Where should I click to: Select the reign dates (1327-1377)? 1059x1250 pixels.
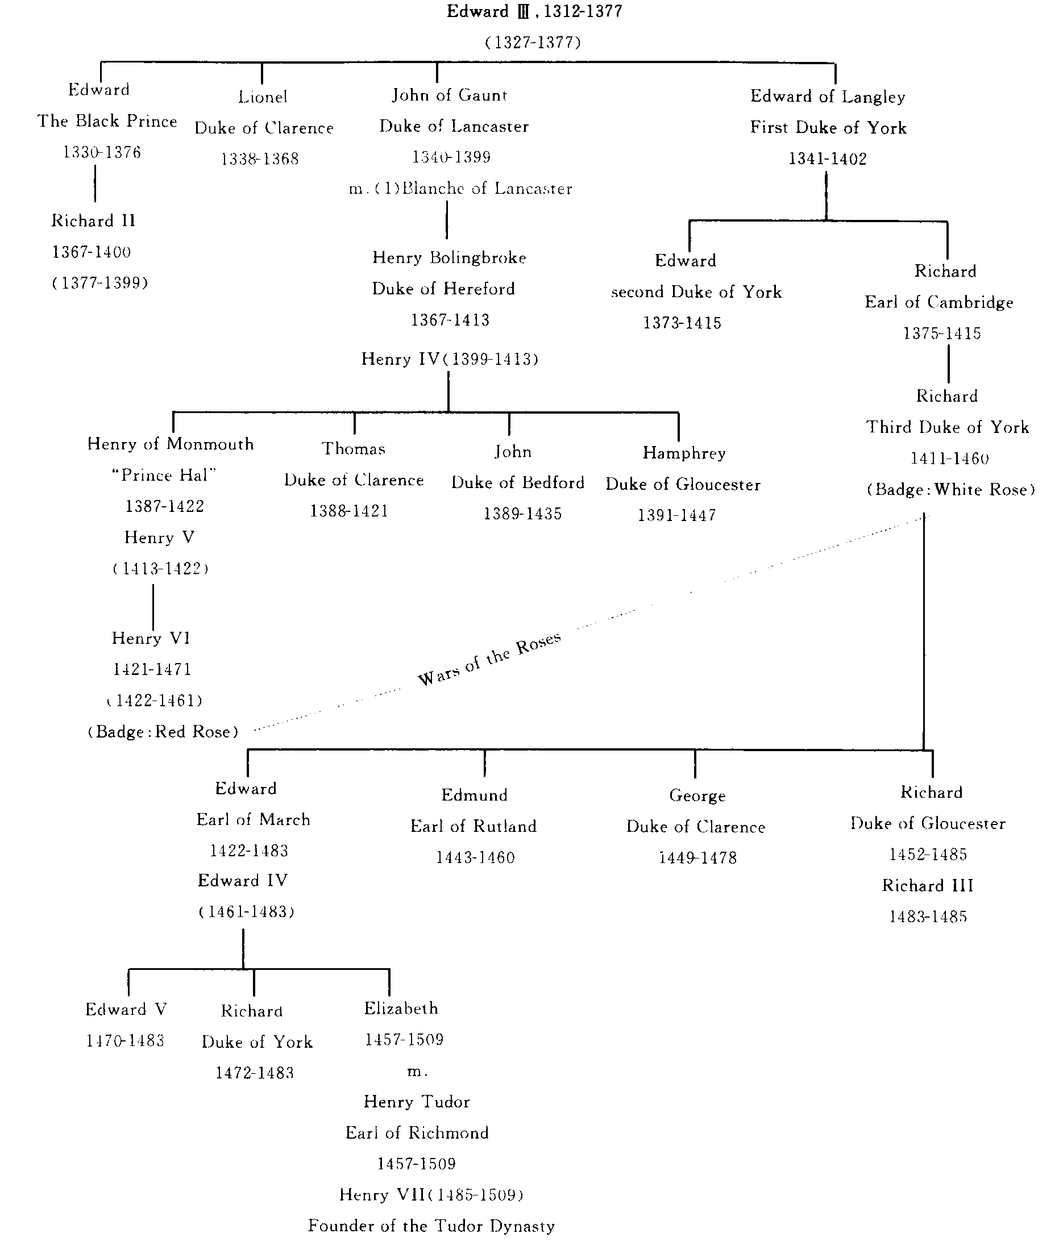tap(533, 43)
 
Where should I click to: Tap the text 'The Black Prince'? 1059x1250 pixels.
tap(107, 121)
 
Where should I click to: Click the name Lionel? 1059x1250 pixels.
tap(263, 97)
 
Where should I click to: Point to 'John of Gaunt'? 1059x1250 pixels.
tap(449, 95)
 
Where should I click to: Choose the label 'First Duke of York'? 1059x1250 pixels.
tap(828, 128)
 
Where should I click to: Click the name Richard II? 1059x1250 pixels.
tap(94, 221)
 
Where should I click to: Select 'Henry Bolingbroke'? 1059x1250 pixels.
tap(449, 258)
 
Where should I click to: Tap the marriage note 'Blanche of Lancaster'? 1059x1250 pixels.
tap(486, 189)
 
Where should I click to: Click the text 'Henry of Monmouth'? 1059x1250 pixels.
tap(171, 444)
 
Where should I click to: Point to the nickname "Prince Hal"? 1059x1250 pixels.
tap(163, 475)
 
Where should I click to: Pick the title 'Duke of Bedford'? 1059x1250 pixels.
tap(517, 483)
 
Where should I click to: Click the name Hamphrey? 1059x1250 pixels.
tap(684, 453)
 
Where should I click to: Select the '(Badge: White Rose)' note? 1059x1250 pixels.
tap(950, 490)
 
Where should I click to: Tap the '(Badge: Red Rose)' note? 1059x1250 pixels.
tap(163, 732)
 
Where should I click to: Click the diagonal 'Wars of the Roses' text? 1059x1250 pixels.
tap(489, 659)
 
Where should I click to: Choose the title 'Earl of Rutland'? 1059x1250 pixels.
tap(473, 826)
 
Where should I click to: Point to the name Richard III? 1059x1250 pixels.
tap(928, 886)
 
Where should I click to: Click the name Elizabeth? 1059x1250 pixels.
tap(401, 1008)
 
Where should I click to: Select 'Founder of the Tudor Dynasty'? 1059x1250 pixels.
tap(431, 1226)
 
